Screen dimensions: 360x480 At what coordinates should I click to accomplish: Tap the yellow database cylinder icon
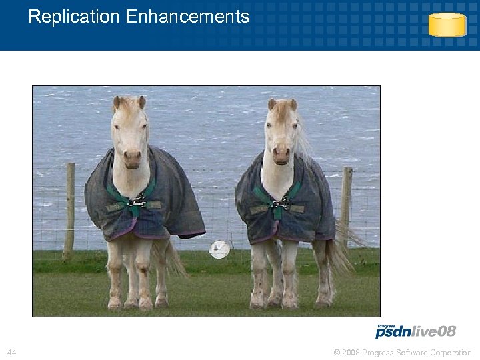point(447,25)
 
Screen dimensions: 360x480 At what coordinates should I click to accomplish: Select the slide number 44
point(11,352)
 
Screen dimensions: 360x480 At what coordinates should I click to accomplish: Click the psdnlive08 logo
point(415,332)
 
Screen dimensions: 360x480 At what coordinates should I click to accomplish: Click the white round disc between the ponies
point(219,250)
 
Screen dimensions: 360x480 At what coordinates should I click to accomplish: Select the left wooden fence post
point(69,210)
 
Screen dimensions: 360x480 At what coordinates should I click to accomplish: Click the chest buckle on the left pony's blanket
point(137,201)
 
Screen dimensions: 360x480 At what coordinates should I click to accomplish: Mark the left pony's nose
point(132,158)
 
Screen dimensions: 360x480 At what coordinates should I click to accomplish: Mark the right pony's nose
point(282,156)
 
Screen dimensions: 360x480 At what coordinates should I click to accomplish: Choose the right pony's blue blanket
point(313,203)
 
